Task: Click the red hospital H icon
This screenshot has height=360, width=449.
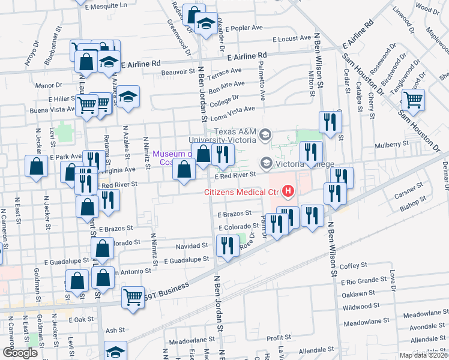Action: (x=289, y=192)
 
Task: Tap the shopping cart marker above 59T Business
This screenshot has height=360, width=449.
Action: (x=133, y=296)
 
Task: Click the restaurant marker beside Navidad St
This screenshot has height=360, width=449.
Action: (x=228, y=246)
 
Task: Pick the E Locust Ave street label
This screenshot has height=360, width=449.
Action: (x=291, y=38)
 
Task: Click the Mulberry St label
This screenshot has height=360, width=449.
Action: (x=391, y=144)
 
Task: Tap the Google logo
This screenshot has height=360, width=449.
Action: (x=20, y=353)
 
